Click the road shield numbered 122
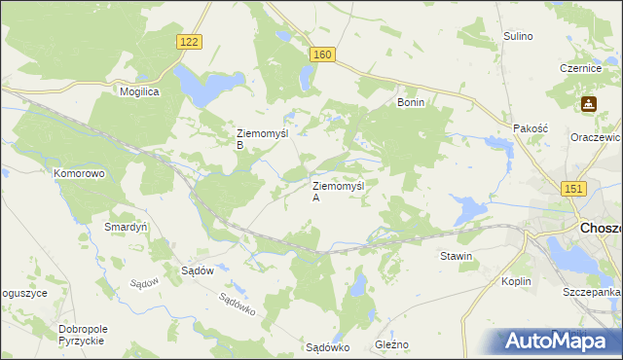[191, 41]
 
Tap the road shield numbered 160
[323, 55]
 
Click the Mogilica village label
[139, 90]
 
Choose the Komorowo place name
[79, 172]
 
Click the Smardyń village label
[126, 227]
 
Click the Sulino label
[518, 36]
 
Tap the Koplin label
[516, 281]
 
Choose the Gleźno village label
[392, 345]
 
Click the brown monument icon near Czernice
[589, 103]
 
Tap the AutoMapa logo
[559, 340]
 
